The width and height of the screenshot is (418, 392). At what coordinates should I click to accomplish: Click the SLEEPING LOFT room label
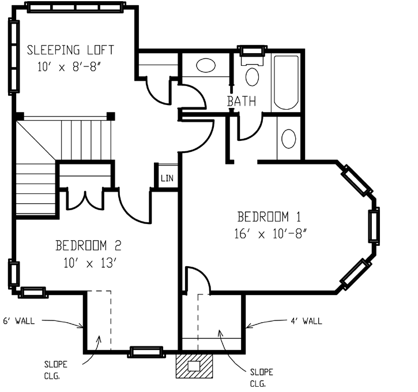coord(71,50)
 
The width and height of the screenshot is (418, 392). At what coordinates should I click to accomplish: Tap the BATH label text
coord(242,102)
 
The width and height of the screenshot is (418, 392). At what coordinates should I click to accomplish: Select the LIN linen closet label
coord(167,177)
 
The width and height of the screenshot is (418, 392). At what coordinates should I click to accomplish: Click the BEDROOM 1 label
coord(269,217)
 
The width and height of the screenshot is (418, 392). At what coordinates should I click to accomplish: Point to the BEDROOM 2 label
coord(88,245)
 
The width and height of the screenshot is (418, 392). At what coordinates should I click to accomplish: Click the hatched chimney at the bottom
coord(194,365)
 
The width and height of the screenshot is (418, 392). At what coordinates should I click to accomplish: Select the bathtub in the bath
coord(286,82)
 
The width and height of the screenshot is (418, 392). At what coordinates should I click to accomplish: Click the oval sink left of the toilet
coord(206,65)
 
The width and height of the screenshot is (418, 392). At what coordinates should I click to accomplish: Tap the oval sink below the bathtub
coord(288,139)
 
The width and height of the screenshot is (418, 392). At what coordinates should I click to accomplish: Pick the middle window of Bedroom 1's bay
coord(374,225)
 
